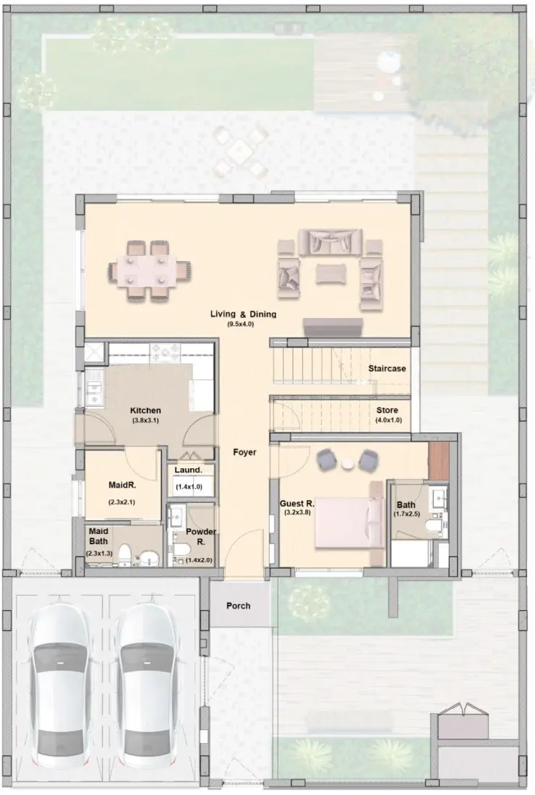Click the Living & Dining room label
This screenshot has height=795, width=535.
[x=243, y=314]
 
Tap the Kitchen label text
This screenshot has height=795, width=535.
[x=145, y=411]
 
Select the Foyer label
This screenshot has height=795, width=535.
[x=244, y=452]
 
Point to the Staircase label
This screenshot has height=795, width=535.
[x=387, y=369]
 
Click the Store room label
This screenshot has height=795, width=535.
[x=387, y=411]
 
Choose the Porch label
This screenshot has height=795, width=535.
[x=239, y=606]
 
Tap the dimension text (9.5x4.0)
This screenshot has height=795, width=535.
[x=240, y=325]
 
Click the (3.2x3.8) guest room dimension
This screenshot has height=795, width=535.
[x=296, y=512]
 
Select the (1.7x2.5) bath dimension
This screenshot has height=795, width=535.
[x=405, y=515]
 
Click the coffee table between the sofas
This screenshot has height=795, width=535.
[x=330, y=273]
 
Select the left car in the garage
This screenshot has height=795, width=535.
[x=63, y=686]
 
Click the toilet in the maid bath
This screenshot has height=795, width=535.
[x=124, y=556]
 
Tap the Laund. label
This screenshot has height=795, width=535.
[x=188, y=470]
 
